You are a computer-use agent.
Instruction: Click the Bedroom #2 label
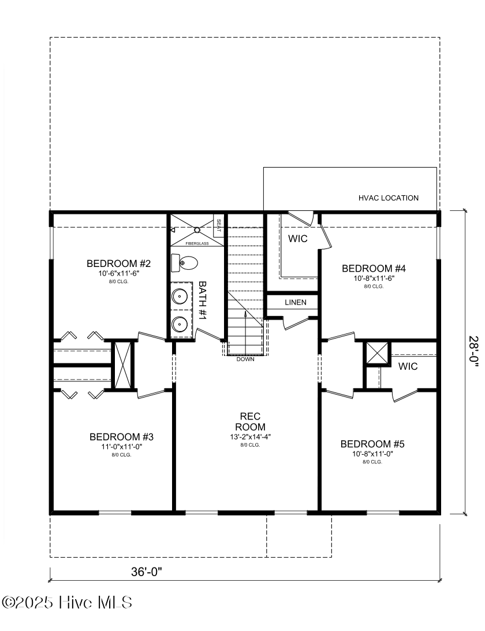pyautogui.click(x=118, y=264)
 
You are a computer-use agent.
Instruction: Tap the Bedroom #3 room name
pyautogui.click(x=121, y=436)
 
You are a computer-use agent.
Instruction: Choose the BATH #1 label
pyautogui.click(x=203, y=300)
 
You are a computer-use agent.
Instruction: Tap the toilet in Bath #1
pyautogui.click(x=184, y=263)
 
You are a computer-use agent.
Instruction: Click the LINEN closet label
pyautogui.click(x=295, y=303)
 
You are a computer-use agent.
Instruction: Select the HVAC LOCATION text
pyautogui.click(x=388, y=198)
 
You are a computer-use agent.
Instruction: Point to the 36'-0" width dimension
pyautogui.click(x=146, y=572)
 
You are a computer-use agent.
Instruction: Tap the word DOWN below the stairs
pyautogui.click(x=245, y=359)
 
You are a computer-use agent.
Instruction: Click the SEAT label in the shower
pyautogui.click(x=218, y=223)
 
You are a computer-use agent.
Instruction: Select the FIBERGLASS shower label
pyautogui.click(x=196, y=244)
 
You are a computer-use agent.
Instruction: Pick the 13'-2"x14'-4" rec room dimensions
pyautogui.click(x=250, y=437)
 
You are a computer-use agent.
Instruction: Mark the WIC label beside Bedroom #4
pyautogui.click(x=298, y=239)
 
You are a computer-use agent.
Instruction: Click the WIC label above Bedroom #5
pyautogui.click(x=408, y=366)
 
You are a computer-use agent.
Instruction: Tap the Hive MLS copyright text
pyautogui.click(x=67, y=603)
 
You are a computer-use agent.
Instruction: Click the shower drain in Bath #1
pyautogui.click(x=197, y=230)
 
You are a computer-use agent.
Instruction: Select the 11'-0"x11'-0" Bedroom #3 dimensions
pyautogui.click(x=121, y=447)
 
